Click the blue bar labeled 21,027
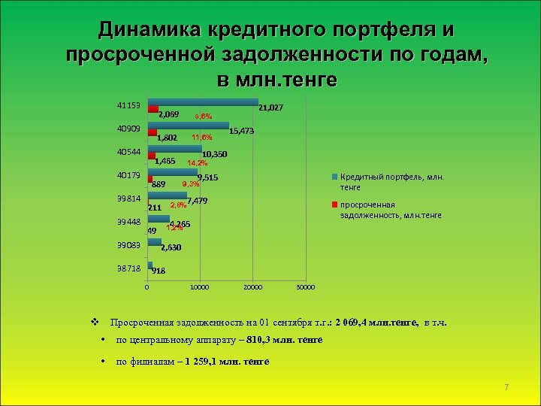point(203,102)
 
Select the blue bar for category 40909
point(189,126)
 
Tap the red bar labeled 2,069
point(153,110)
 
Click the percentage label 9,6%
point(204,117)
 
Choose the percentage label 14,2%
point(197,162)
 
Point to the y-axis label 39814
point(128,199)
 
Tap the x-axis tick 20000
point(252,287)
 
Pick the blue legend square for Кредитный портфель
point(336,177)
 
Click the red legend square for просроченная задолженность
point(336,205)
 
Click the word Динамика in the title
point(149,29)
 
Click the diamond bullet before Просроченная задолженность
point(94,322)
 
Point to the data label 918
point(159,271)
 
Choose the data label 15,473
point(242,132)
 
